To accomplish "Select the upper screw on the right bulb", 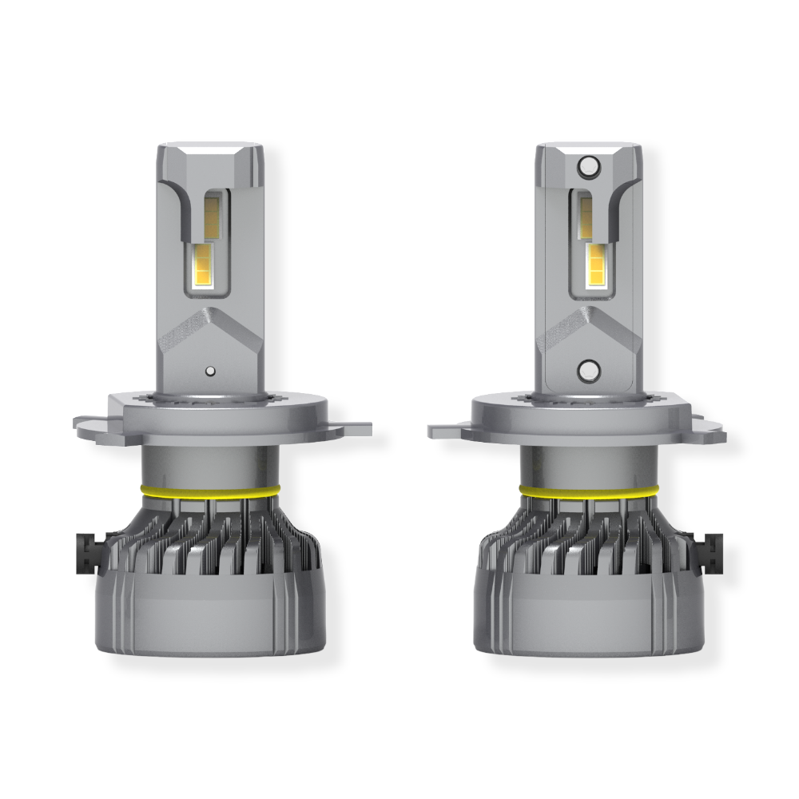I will [589, 166].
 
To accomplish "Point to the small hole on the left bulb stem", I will [209, 371].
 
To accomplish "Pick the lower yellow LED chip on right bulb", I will [597, 265].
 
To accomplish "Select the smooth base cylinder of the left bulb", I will [209, 615].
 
